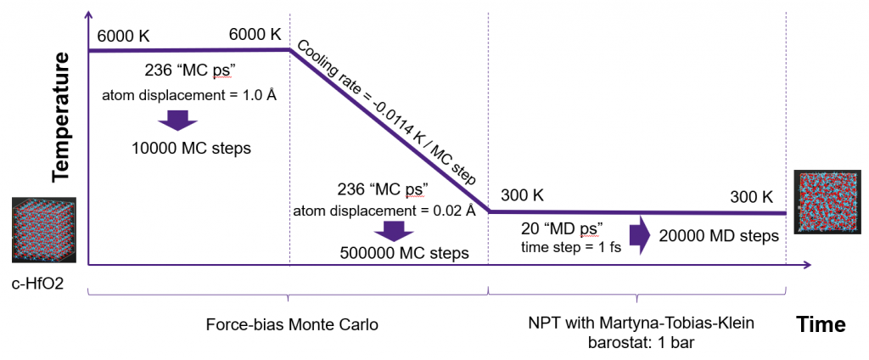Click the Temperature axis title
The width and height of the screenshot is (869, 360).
point(59,117)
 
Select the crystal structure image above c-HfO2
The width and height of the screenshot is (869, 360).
point(44,229)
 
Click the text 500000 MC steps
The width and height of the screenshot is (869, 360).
point(404,251)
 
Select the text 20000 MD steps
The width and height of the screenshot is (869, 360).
point(719,236)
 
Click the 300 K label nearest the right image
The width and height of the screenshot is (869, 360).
point(751,197)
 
